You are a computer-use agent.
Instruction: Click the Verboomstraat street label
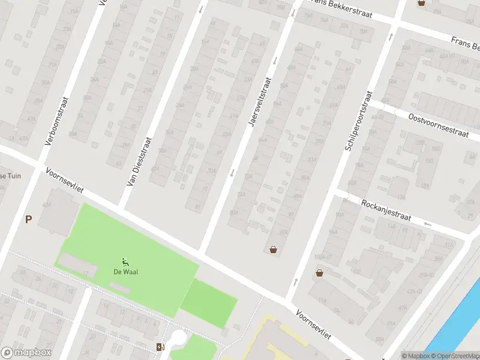pos(58,121)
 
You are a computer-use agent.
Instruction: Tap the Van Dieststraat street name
pos(139,161)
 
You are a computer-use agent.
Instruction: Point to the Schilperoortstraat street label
pos(359,121)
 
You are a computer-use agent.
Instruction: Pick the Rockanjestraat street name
pos(386,211)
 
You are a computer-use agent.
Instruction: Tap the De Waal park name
pos(126,271)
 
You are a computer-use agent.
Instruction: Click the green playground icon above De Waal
pos(125,261)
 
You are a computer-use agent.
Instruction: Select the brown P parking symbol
pos(28,220)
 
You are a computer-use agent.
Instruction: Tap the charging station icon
pos(160,347)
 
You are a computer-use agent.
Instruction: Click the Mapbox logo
pos(26,353)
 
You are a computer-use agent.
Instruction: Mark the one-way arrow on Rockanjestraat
pos(427,224)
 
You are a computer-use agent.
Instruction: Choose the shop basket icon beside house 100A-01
pos(319,273)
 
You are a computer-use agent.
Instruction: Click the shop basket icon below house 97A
pos(274,250)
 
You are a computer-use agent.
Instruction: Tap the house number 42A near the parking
pos(47,205)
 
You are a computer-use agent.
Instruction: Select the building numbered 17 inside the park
pos(86,274)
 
